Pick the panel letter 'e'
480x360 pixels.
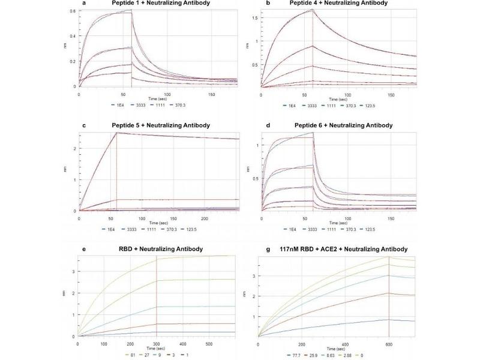[x=80, y=249]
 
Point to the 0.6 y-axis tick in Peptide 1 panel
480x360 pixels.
[x=73, y=11]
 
